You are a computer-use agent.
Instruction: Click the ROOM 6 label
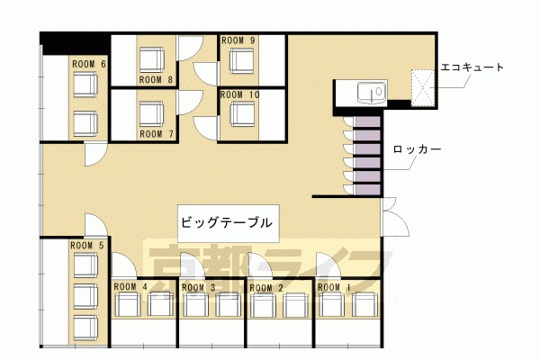point(89,64)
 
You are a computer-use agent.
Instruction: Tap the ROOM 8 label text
point(156,80)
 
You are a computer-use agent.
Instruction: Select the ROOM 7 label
point(157,134)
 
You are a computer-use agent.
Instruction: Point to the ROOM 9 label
point(238,40)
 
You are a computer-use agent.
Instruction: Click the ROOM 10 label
point(239,94)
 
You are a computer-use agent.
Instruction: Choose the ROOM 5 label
point(86,246)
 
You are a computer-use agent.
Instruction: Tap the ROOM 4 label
point(130,286)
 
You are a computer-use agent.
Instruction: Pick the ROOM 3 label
point(199,287)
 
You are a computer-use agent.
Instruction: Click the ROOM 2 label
point(266,288)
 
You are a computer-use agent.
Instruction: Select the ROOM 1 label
point(334,287)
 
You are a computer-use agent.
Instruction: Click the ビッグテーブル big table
point(229,223)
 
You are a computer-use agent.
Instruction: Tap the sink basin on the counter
point(371,93)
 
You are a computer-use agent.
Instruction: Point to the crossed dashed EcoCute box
point(423,88)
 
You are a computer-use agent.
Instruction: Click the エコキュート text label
point(472,67)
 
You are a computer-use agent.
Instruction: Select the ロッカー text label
point(417,149)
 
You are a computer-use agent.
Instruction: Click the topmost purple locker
point(368,122)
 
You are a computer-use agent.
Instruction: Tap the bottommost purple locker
point(368,190)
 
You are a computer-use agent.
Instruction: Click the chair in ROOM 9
point(242,60)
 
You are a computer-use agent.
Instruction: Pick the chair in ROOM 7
point(151,114)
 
